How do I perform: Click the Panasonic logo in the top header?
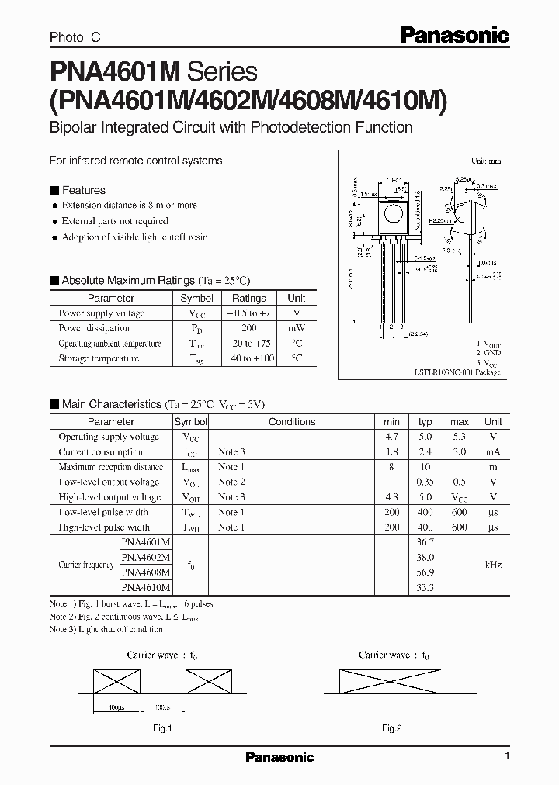[453, 35]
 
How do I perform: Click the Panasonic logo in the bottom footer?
[279, 757]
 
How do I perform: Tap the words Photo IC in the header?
[75, 36]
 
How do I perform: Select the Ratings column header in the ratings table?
[249, 298]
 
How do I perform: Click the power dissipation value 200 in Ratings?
[249, 328]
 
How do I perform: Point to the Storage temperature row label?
[99, 358]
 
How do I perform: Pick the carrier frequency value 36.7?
[425, 542]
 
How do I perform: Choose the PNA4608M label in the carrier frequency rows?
[147, 572]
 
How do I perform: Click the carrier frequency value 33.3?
[425, 588]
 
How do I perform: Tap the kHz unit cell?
[493, 565]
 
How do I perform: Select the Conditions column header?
[292, 422]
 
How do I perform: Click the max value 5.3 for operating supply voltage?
[460, 437]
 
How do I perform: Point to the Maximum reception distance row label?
[110, 467]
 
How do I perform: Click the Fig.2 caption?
[391, 728]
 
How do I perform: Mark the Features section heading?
[83, 190]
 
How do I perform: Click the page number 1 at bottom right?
[507, 756]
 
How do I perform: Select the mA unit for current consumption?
[493, 451]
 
